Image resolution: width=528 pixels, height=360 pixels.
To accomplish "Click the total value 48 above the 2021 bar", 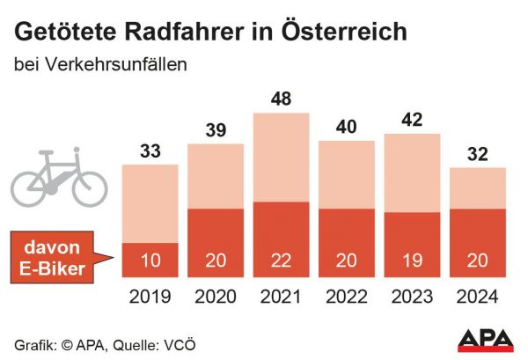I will click(x=282, y=99).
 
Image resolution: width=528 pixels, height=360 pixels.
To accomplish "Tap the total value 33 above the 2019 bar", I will click(x=150, y=151).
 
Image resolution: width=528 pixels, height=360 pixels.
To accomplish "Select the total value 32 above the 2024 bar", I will click(x=478, y=154).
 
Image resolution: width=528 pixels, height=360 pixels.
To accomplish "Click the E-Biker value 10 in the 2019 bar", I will click(x=150, y=260).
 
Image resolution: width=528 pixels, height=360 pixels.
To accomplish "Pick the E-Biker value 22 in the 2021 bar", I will click(x=282, y=260).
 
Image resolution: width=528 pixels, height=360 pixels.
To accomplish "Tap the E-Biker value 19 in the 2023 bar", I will click(x=413, y=260).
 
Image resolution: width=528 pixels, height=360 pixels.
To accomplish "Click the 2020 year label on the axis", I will click(x=216, y=298).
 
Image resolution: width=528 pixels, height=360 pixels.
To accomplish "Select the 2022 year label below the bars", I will click(x=347, y=298).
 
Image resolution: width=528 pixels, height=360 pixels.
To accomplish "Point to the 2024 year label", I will click(x=478, y=298).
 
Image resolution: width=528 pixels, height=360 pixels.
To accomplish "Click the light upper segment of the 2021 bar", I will click(x=282, y=157).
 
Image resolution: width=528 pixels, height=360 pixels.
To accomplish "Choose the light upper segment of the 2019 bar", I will click(x=150, y=202).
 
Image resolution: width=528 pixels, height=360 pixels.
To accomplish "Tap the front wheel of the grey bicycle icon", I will click(x=89, y=187).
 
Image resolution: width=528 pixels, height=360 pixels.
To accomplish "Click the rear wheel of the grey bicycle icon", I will click(x=29, y=187).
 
